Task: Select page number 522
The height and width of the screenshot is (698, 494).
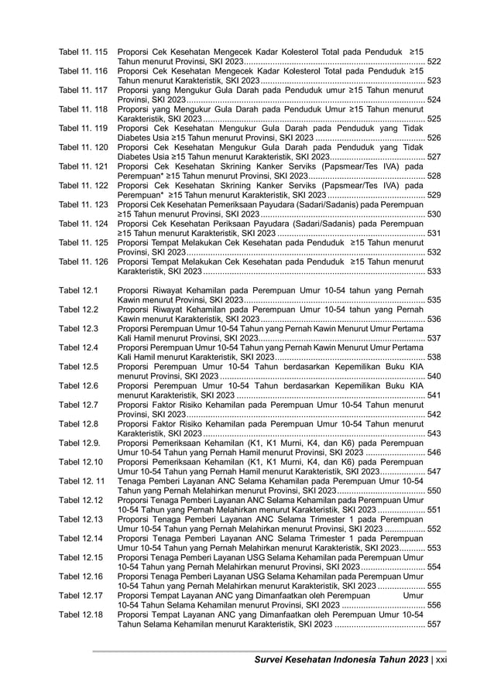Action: tap(434, 60)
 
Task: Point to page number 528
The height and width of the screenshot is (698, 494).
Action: tap(434, 176)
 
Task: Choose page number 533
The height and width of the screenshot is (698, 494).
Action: tap(434, 272)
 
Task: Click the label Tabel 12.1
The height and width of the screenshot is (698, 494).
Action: tap(77, 290)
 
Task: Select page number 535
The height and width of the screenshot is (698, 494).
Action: tap(434, 299)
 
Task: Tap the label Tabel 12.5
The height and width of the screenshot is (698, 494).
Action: tap(77, 366)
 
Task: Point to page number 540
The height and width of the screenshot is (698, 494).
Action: tap(434, 376)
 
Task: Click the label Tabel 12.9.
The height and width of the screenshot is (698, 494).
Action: tap(79, 443)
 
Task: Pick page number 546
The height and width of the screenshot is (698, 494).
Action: tap(434, 453)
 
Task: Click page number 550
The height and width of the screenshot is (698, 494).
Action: tap(434, 491)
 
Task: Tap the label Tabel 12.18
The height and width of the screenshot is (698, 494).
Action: tap(81, 614)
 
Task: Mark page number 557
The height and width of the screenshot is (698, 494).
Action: tap(434, 624)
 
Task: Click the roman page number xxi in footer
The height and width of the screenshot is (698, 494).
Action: tap(442, 659)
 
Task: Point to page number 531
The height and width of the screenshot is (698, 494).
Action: tap(434, 234)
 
